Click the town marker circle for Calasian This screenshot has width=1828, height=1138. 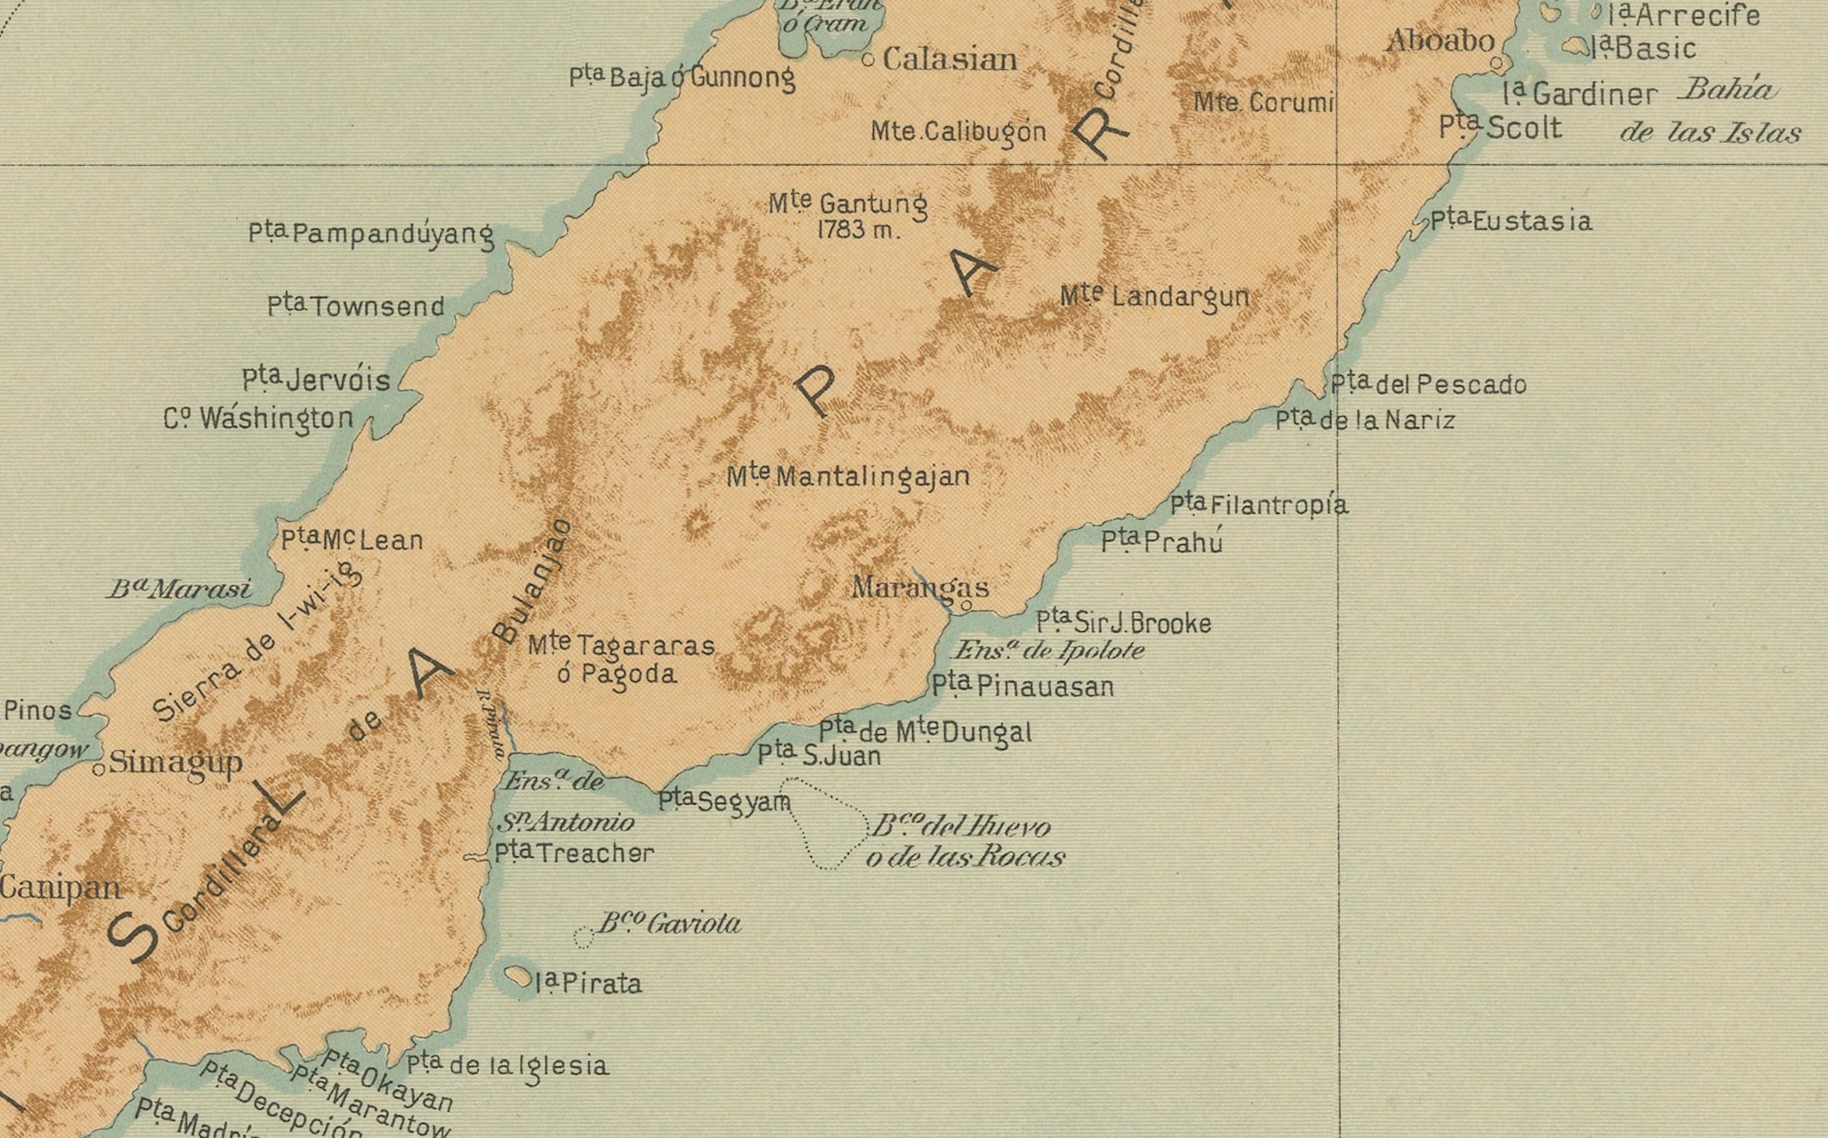coord(868,60)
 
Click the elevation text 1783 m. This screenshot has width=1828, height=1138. coord(858,230)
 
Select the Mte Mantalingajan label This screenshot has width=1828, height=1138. coord(848,476)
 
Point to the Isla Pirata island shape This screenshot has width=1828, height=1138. coord(518,977)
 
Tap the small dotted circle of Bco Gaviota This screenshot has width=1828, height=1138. coord(583,938)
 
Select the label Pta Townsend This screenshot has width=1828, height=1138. coord(356,306)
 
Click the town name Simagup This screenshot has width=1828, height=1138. coord(176,762)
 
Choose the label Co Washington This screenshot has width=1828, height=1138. coord(258,418)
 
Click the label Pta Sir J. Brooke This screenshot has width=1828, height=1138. coord(1124,623)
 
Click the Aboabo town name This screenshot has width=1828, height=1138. coord(1440,41)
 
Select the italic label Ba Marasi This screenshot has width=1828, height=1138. coord(179,589)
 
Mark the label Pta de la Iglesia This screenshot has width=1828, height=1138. coord(507,1066)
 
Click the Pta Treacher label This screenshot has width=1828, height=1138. coord(573,853)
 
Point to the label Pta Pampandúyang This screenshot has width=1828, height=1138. coord(371,234)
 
